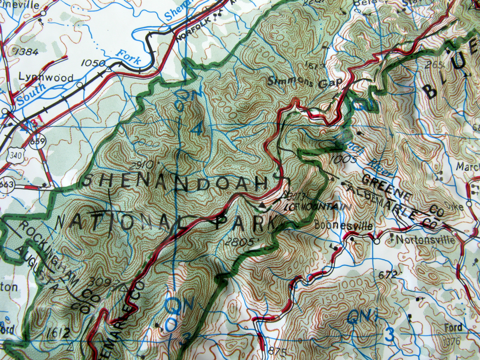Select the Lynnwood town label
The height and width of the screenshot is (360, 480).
46,77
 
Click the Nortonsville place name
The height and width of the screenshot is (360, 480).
425,240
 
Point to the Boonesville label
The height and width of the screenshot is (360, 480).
344,225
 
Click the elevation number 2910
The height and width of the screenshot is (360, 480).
140,165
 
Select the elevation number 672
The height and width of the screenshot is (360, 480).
388,274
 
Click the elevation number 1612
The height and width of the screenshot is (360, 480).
58,333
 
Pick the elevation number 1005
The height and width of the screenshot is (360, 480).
343,159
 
